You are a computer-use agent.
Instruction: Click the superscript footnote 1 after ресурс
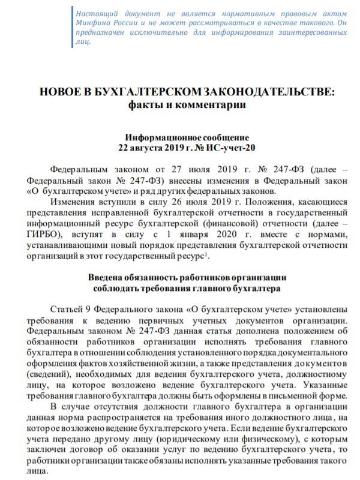coord(207,253)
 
